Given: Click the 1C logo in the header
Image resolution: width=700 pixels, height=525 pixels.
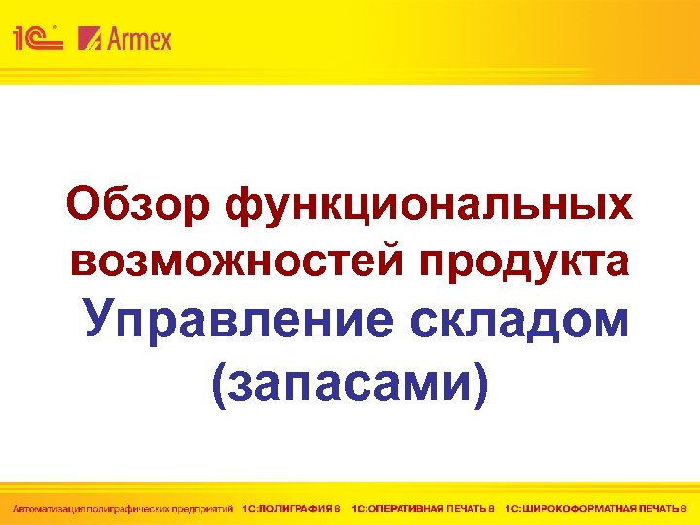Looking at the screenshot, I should [x=37, y=39].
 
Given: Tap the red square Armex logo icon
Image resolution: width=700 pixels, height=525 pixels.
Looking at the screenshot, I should [x=89, y=39].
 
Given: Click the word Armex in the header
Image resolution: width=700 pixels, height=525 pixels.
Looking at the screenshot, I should [x=139, y=39].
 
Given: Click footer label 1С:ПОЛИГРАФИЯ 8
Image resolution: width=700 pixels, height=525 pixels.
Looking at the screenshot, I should [x=292, y=507].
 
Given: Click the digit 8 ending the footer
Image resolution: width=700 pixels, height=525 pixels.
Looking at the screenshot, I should [x=683, y=507].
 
